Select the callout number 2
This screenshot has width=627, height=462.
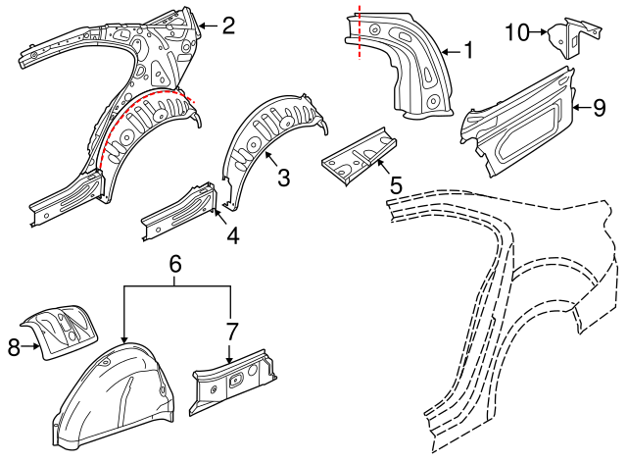(228, 26)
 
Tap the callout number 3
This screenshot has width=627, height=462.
(283, 177)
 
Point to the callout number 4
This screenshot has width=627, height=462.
(232, 235)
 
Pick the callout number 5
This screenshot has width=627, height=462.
(396, 183)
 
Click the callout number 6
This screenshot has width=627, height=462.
(175, 263)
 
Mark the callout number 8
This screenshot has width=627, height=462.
(13, 345)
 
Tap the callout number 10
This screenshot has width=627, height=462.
(516, 32)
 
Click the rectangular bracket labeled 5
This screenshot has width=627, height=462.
(361, 155)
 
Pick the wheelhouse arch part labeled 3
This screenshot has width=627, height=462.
(269, 132)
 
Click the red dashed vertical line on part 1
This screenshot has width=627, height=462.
(360, 29)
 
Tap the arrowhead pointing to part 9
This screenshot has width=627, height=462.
(574, 107)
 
